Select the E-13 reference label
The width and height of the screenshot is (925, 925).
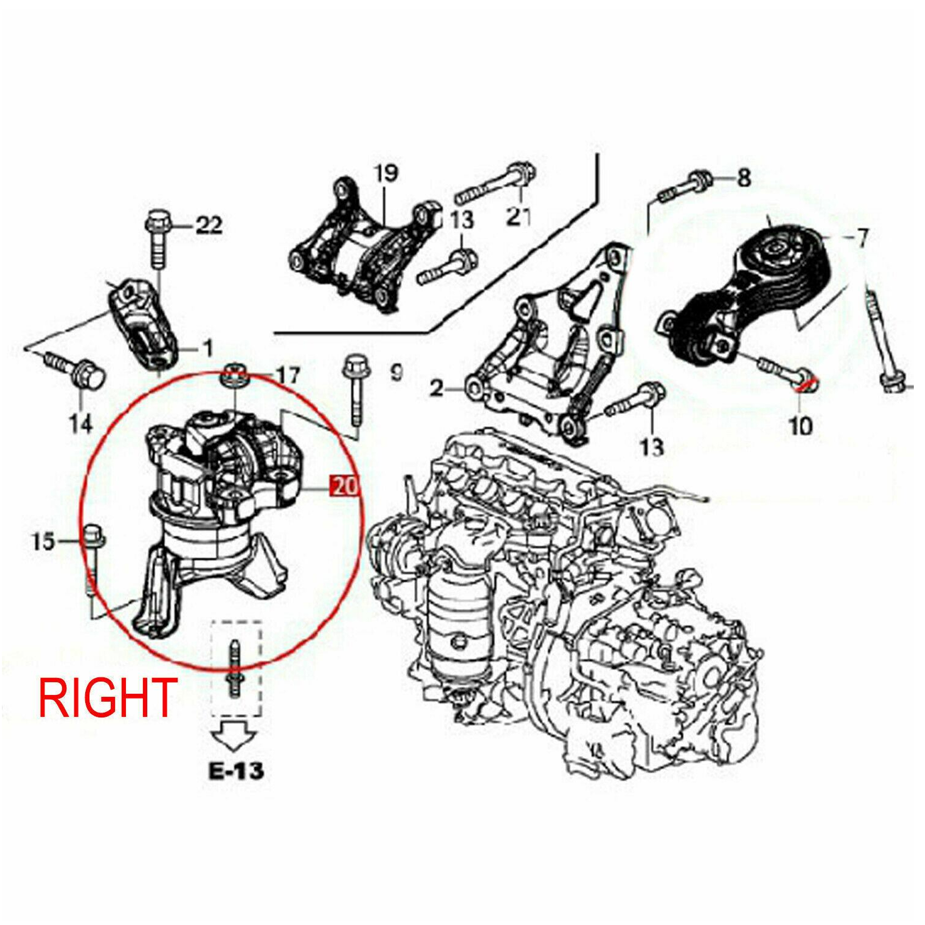236,771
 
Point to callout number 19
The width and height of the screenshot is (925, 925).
386,173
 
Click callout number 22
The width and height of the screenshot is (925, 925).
209,225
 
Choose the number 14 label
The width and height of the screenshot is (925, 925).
81,424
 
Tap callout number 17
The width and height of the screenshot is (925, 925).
287,376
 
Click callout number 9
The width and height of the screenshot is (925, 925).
397,373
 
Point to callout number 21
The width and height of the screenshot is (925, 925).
518,216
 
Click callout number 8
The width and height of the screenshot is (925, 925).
743,178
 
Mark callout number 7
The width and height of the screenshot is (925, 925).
862,238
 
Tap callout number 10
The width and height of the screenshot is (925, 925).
800,426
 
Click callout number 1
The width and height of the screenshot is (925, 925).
208,349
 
